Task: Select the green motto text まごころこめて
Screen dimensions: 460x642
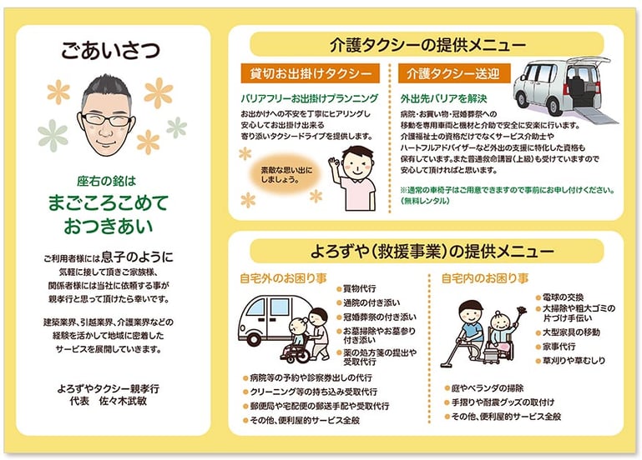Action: click(x=109, y=202)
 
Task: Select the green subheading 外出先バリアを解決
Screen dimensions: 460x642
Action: click(x=440, y=97)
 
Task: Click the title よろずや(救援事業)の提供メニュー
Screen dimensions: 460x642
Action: click(x=427, y=251)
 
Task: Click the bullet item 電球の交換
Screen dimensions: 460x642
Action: click(x=561, y=297)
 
